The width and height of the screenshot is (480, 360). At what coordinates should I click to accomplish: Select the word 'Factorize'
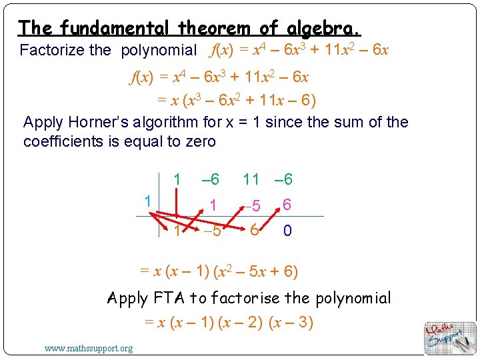point(52,50)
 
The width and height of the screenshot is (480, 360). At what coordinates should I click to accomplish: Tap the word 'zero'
point(198,141)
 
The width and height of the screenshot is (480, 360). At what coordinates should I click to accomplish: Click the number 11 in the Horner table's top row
point(251,179)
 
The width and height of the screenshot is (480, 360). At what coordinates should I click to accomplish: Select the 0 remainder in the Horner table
point(287,231)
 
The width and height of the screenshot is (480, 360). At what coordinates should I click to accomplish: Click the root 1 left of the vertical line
point(147,201)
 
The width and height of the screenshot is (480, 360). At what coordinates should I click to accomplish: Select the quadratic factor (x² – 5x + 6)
point(261,271)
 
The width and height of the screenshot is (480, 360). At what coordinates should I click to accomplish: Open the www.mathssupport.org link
point(89,348)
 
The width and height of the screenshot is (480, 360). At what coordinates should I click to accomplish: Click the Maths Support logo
point(451,337)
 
